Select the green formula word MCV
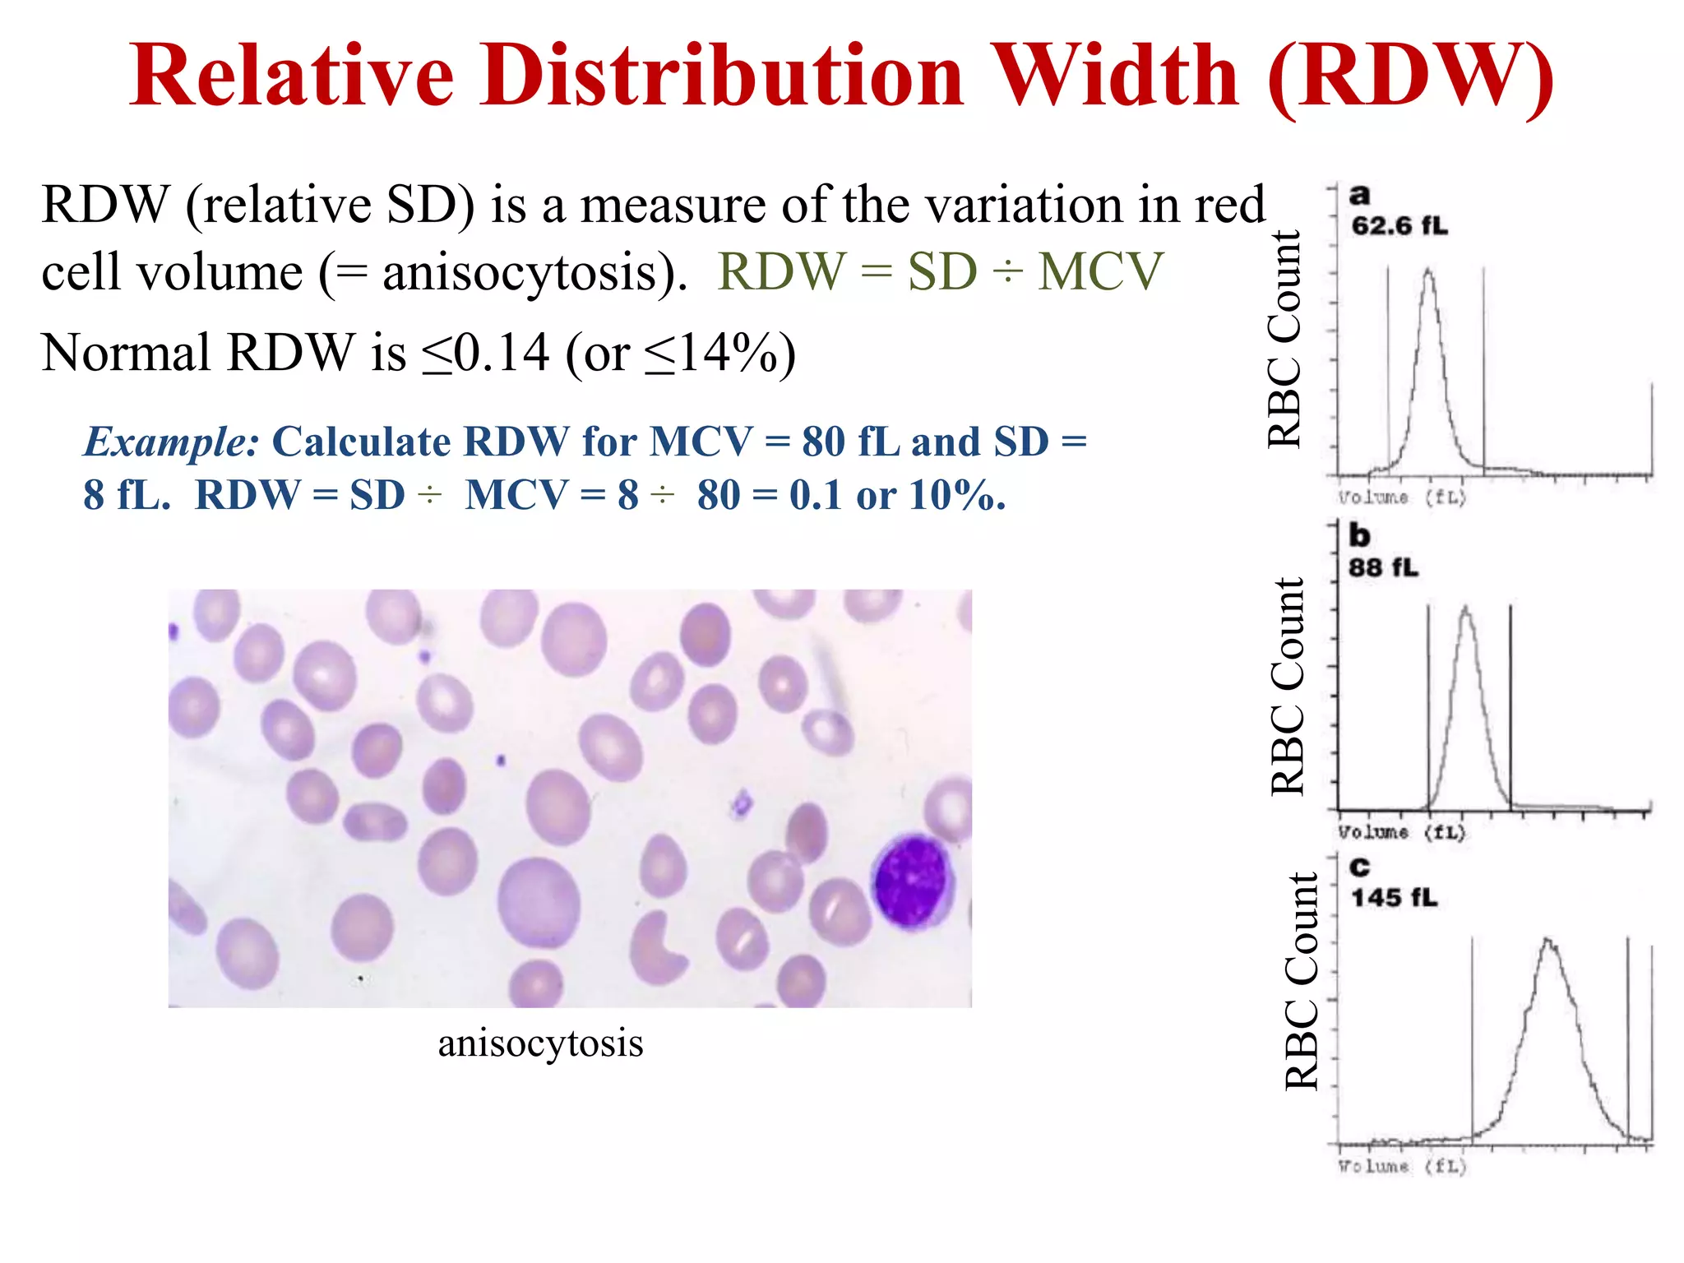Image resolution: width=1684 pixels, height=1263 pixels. pyautogui.click(x=1101, y=271)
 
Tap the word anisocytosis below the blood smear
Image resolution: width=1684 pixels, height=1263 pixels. pyautogui.click(x=540, y=1043)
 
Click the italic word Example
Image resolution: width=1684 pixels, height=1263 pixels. pyautogui.click(x=172, y=442)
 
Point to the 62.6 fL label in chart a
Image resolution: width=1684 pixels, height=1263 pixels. pyautogui.click(x=1399, y=225)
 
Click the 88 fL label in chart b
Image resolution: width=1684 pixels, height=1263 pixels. pyautogui.click(x=1383, y=567)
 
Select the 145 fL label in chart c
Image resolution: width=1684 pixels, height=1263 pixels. pyautogui.click(x=1395, y=897)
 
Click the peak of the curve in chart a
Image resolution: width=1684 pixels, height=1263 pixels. pyautogui.click(x=1428, y=271)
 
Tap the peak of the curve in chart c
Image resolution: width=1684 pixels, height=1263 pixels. pyautogui.click(x=1548, y=940)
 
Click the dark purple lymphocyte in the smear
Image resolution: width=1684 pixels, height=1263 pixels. pyautogui.click(x=912, y=881)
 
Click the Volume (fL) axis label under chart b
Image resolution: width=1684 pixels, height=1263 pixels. pyautogui.click(x=1401, y=832)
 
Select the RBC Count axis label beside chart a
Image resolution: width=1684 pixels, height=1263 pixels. pyautogui.click(x=1284, y=339)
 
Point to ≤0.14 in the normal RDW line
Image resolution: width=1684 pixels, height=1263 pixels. pyautogui.click(x=485, y=354)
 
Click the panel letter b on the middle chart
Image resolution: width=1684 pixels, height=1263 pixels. pyautogui.click(x=1359, y=535)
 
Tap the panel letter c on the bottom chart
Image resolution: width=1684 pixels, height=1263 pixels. pyautogui.click(x=1359, y=867)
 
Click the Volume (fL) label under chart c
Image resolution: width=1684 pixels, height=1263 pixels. pyautogui.click(x=1401, y=1166)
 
